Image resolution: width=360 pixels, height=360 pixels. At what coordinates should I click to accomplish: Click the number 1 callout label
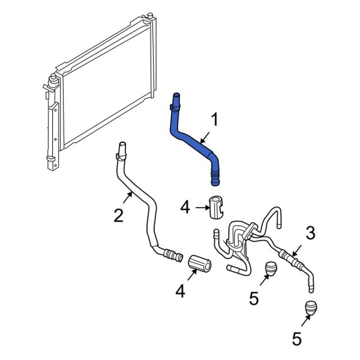click(x=214, y=119)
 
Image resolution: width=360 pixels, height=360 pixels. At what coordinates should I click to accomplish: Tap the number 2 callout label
click(x=119, y=214)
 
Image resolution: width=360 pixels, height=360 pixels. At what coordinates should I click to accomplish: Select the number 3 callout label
click(x=310, y=233)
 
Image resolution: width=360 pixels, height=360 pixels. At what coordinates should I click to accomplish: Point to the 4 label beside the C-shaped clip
click(x=185, y=208)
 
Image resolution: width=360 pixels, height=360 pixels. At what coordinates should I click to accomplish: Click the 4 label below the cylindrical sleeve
click(x=179, y=292)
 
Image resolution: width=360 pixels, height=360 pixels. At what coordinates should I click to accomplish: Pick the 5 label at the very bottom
click(x=296, y=340)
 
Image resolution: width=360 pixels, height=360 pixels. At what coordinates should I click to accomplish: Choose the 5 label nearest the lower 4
click(x=254, y=298)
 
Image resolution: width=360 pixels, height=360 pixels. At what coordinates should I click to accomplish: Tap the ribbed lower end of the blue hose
click(x=215, y=176)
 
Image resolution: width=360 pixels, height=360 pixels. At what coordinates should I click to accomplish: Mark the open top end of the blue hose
click(x=176, y=95)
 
